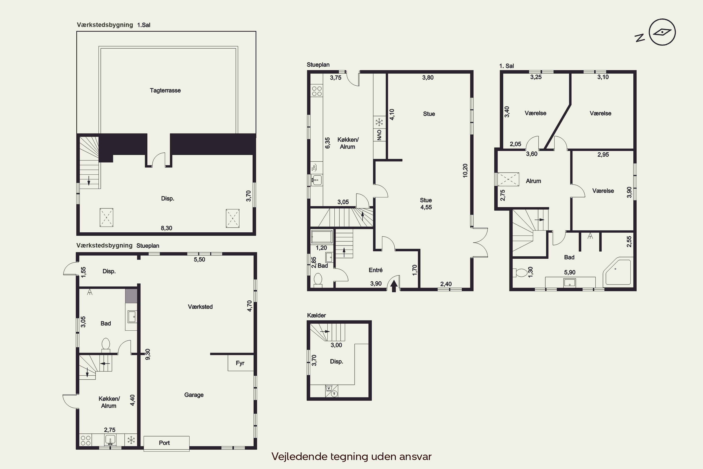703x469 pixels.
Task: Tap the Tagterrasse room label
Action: (165, 90)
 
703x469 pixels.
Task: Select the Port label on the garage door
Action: (165, 443)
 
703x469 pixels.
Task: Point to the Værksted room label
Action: (200, 306)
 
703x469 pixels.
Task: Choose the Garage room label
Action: (194, 395)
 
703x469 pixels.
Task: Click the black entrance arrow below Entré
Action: (394, 286)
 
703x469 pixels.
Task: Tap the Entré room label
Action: (376, 270)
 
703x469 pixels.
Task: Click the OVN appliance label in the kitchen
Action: (379, 135)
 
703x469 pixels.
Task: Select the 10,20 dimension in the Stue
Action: (465, 170)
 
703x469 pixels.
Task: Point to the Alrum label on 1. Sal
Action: (534, 181)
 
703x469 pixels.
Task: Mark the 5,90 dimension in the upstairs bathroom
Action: (570, 272)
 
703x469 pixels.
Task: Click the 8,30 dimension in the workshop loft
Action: (166, 228)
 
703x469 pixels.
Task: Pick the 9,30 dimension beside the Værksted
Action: (148, 354)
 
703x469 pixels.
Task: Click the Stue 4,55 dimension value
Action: (426, 207)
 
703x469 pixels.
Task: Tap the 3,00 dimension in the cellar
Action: (336, 345)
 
